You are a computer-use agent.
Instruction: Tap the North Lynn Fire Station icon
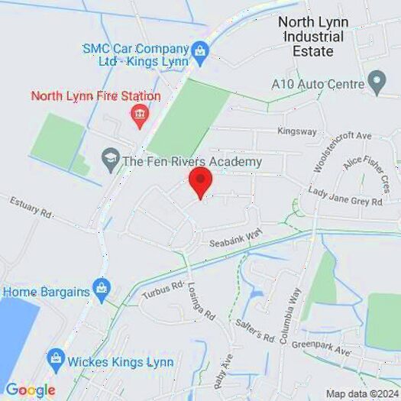tap(139, 116)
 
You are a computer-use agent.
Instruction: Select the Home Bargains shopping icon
tap(101, 290)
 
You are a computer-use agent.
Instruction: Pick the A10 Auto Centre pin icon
tap(376, 81)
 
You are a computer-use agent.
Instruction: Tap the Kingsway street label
tap(297, 131)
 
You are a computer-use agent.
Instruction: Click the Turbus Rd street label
tap(163, 290)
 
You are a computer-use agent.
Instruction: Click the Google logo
tap(31, 390)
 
